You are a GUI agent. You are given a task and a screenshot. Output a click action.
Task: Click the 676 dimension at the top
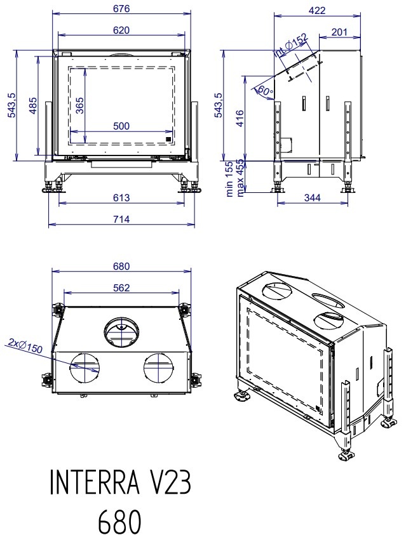[121, 9]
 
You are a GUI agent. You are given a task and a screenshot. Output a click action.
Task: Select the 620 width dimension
[121, 30]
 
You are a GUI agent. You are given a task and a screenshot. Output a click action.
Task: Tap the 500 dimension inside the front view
[121, 126]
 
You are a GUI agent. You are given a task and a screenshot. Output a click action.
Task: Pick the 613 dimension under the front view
[121, 198]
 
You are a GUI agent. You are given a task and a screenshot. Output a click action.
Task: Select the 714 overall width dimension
[121, 219]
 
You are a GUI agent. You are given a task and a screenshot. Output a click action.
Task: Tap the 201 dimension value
[339, 32]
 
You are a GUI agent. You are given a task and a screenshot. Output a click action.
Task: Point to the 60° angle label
[264, 91]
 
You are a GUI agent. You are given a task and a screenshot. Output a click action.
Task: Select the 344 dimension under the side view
[312, 198]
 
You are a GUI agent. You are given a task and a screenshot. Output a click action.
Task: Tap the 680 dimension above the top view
[121, 266]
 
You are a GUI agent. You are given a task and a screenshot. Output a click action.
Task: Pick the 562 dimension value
[121, 287]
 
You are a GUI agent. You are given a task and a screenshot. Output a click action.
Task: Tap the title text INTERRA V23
[120, 484]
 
